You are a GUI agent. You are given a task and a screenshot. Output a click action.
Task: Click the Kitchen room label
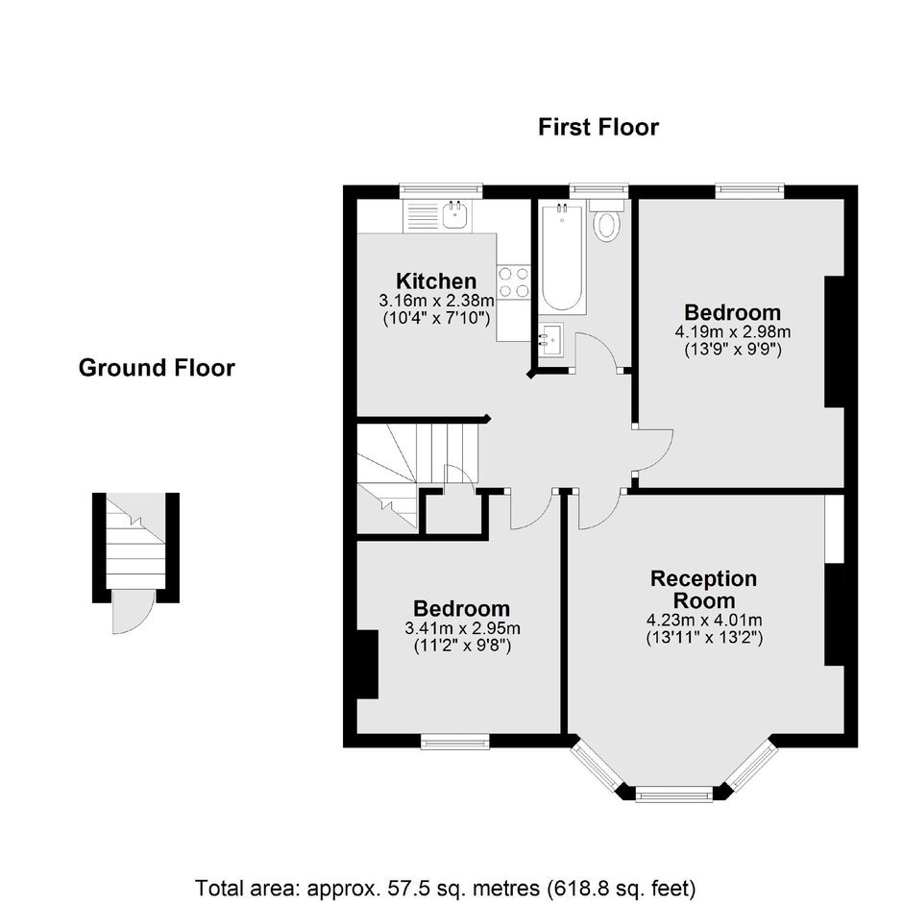436,281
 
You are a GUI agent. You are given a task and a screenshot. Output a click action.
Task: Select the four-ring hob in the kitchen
514,282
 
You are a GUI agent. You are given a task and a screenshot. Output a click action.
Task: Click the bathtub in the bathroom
562,257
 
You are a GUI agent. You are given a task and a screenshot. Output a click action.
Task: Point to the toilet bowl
606,225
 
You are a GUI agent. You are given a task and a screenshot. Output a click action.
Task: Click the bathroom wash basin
550,340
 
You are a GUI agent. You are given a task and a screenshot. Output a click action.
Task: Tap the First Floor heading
598,127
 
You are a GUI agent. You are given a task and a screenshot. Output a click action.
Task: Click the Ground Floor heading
157,368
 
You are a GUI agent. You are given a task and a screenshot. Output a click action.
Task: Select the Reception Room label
704,589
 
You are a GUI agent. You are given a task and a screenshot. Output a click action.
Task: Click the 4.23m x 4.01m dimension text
704,621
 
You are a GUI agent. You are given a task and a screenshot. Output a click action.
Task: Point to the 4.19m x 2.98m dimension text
733,332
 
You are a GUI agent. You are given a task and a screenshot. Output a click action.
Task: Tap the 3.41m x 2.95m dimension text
462,628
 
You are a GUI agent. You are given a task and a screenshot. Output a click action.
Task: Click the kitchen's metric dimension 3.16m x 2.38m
436,300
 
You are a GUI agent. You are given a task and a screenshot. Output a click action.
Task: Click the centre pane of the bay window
673,795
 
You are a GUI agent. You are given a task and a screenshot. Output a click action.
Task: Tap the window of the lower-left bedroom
455,741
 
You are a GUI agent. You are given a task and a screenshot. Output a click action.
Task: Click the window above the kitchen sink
441,191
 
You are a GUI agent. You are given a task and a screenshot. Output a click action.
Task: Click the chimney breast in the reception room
835,615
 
